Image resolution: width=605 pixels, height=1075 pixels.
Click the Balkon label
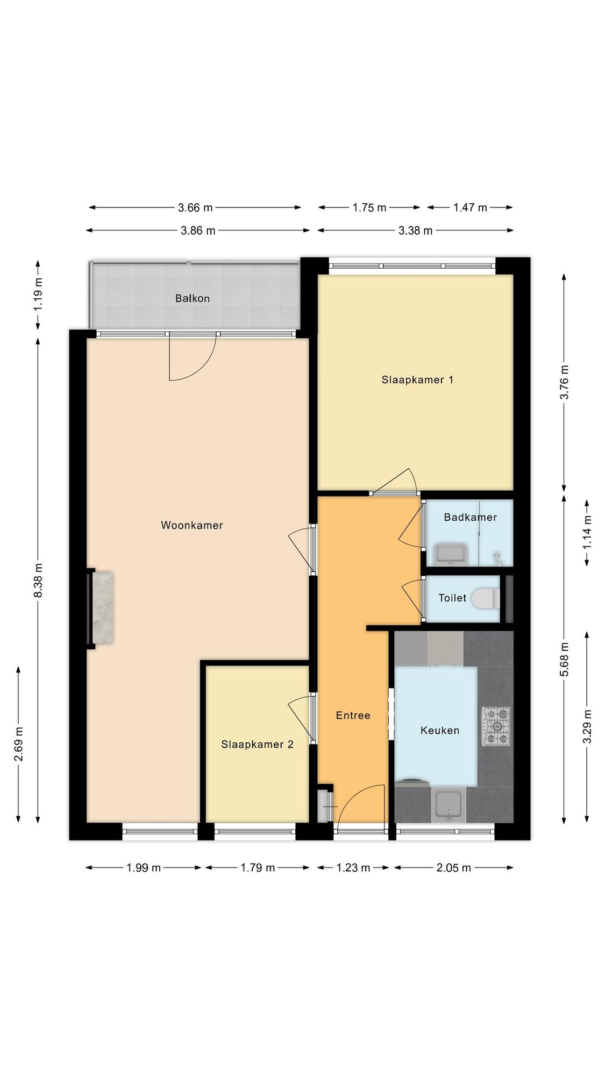point(192,298)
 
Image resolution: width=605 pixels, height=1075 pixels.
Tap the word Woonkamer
point(192,525)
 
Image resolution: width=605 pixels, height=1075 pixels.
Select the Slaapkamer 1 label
point(417,380)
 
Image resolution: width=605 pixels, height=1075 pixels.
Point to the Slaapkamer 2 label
point(257,744)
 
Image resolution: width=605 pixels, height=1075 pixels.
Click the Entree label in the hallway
point(353,715)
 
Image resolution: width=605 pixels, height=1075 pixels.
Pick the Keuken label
point(440,730)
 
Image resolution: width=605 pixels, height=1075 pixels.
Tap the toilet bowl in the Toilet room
point(486,598)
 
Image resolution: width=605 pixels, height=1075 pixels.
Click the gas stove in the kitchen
point(496,727)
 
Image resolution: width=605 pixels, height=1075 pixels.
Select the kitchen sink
point(449,806)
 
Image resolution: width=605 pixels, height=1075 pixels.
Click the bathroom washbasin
point(451,555)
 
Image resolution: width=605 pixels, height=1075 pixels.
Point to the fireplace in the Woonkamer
point(102,607)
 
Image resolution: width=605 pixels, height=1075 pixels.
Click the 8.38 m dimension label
point(38,580)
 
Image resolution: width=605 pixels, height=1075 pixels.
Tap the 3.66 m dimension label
point(195,207)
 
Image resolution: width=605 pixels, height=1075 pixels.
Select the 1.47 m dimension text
point(470,207)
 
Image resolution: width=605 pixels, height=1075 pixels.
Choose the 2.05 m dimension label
point(453,868)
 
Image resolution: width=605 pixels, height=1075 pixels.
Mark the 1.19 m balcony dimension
point(38,293)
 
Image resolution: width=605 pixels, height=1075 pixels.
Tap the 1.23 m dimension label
point(353,868)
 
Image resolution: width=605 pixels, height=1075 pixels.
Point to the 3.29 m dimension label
point(587,727)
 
